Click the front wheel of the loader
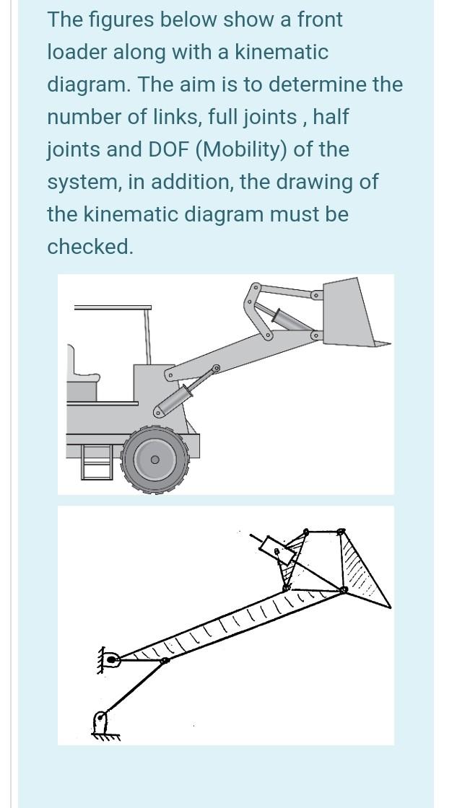(x=155, y=460)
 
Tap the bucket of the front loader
(x=350, y=314)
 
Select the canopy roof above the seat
(x=113, y=307)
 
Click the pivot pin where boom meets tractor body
(x=169, y=375)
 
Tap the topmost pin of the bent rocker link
(x=254, y=287)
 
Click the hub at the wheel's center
(x=155, y=460)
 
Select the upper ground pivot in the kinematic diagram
(x=110, y=658)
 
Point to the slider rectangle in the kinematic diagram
(x=279, y=551)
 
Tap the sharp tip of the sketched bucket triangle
(x=391, y=607)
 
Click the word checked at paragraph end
(x=90, y=247)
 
